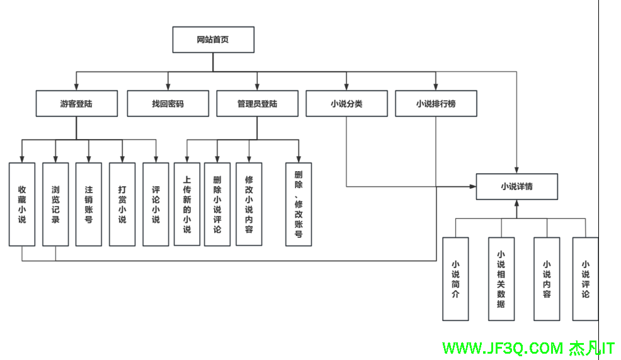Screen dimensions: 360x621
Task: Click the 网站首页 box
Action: click(x=213, y=40)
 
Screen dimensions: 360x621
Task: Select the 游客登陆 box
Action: click(x=76, y=104)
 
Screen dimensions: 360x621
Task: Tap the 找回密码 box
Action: click(x=168, y=104)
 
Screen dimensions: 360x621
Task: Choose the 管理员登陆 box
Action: click(x=257, y=104)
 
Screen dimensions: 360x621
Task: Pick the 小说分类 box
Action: click(x=346, y=104)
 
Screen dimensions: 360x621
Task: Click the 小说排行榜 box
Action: click(x=436, y=104)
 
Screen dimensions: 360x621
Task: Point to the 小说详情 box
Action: click(x=516, y=186)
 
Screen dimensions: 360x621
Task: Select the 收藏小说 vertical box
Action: click(x=22, y=204)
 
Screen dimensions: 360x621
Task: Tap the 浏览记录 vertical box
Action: click(x=55, y=204)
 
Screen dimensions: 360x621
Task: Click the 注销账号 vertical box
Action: click(x=89, y=204)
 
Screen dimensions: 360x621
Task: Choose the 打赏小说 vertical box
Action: click(x=122, y=204)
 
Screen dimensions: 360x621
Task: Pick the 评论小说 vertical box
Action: click(x=156, y=204)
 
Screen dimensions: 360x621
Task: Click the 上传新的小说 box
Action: click(x=187, y=204)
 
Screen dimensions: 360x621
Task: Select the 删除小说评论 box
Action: click(x=217, y=204)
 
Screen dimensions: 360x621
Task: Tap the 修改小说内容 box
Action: click(x=249, y=204)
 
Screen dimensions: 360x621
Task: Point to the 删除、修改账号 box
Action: click(x=299, y=204)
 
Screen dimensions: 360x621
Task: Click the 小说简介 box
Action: click(x=455, y=278)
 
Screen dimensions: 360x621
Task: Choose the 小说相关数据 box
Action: click(x=501, y=278)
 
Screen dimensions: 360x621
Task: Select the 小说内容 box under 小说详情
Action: click(x=547, y=278)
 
